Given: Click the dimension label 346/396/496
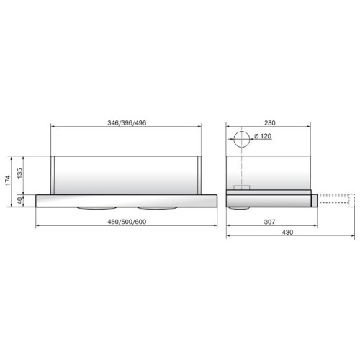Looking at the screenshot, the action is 127,123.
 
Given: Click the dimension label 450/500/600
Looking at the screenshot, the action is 127,222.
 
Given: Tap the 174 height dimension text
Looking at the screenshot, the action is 8,180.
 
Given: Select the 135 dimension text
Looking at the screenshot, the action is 19,173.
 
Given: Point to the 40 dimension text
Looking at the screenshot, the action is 19,201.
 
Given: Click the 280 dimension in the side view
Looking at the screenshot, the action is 270,123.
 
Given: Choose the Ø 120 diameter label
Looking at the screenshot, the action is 263,136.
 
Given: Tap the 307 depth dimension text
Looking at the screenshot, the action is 269,222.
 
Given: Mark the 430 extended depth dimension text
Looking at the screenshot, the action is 287,233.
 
